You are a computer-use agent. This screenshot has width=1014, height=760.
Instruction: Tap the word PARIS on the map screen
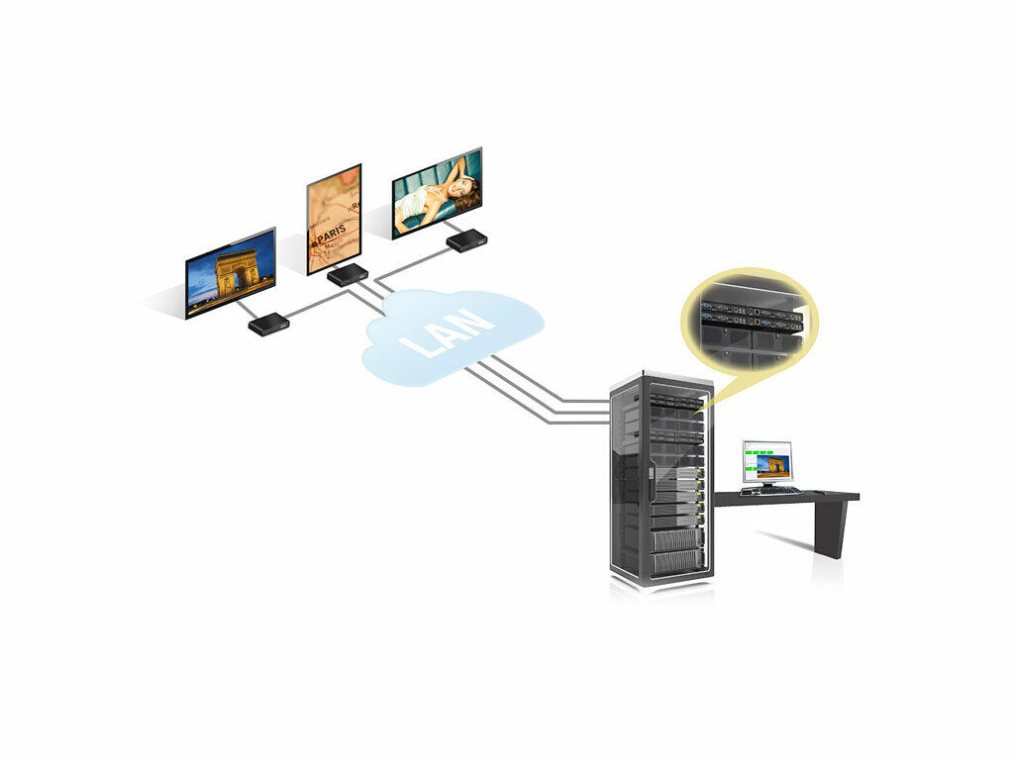[330, 237]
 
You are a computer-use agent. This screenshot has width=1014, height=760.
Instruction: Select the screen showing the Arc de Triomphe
[231, 272]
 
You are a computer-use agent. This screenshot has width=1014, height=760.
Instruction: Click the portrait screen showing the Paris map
[334, 219]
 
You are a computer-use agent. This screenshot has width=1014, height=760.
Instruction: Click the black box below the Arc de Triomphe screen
[268, 324]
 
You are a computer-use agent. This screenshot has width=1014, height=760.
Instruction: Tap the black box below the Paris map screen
[348, 275]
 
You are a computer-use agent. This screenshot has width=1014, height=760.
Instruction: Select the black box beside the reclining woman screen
[466, 240]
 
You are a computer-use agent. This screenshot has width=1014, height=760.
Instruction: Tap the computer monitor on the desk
[767, 461]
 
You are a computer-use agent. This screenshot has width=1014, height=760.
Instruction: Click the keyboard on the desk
[770, 489]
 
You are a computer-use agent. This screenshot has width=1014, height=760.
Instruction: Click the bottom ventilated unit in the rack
[677, 562]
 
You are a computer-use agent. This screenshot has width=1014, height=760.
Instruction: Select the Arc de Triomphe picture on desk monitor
[773, 464]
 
